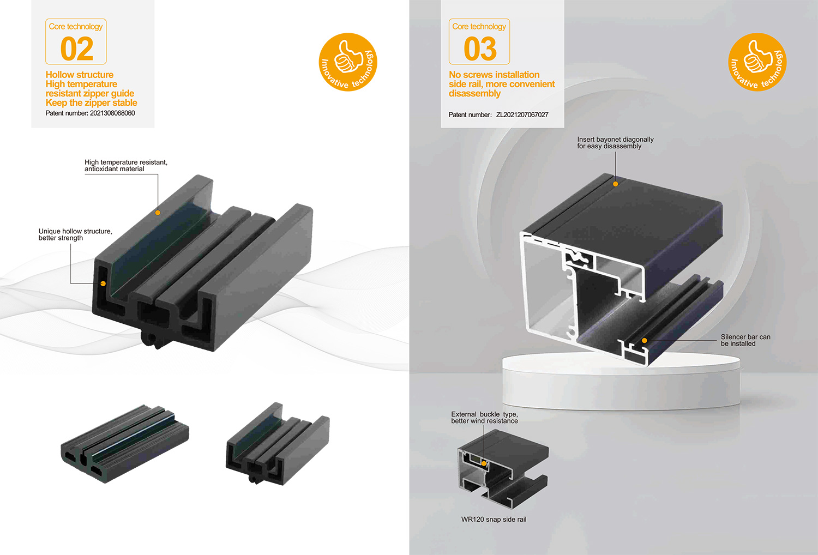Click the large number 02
(77, 49)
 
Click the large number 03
(480, 49)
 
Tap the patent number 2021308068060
(112, 113)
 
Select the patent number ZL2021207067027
(522, 114)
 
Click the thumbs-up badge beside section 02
(348, 62)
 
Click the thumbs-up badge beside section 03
(757, 62)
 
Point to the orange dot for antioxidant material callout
(158, 213)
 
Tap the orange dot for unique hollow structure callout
(104, 283)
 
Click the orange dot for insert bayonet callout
(615, 184)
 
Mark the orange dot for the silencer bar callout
(645, 340)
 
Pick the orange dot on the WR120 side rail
(484, 463)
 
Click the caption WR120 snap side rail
(494, 519)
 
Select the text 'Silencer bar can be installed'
(745, 340)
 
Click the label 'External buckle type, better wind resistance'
(484, 418)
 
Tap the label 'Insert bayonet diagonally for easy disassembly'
(615, 143)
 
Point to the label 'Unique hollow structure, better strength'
(76, 234)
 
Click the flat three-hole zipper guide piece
(125, 443)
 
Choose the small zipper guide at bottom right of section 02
(278, 444)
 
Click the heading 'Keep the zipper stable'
(91, 102)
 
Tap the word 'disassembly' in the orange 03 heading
(475, 93)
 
